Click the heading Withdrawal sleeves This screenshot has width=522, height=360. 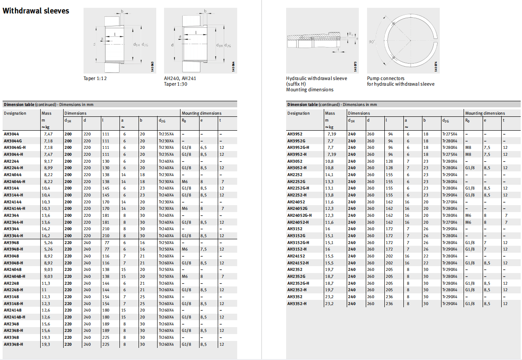pyautogui.click(x=36, y=11)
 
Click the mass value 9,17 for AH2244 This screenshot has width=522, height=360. pyautogui.click(x=48, y=161)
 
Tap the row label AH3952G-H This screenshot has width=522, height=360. pyautogui.click(x=299, y=148)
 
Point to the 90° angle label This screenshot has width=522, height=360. pyautogui.click(x=371, y=42)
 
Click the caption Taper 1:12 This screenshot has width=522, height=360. pyautogui.click(x=95, y=79)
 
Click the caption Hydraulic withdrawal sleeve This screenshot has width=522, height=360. pyautogui.click(x=316, y=79)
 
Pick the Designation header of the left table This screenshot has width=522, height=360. pyautogui.click(x=15, y=113)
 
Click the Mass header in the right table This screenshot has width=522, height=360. pyautogui.click(x=330, y=113)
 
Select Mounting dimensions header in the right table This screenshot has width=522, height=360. pyautogui.click(x=485, y=113)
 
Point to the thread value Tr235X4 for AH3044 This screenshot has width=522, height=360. pyautogui.click(x=166, y=134)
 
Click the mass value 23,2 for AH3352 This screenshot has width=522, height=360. pyautogui.click(x=330, y=296)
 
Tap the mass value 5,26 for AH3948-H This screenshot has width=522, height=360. pyautogui.click(x=48, y=249)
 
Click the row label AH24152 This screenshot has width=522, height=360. pyautogui.click(x=296, y=256)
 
